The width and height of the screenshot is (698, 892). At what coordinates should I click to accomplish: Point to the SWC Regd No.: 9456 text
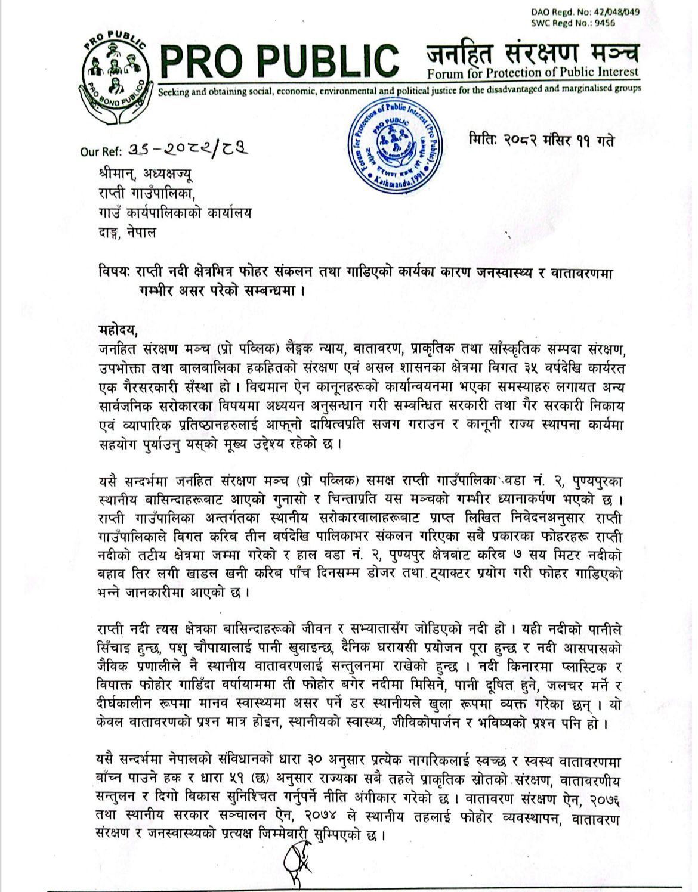[573, 23]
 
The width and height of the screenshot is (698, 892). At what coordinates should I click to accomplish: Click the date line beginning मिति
[542, 141]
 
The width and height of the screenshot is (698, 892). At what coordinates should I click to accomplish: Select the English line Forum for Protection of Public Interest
[532, 73]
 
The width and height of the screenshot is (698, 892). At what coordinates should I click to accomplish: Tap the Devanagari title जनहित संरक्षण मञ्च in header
[532, 52]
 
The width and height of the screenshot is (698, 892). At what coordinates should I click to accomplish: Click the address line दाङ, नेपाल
[128, 233]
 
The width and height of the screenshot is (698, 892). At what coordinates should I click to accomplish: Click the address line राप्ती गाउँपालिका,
[147, 194]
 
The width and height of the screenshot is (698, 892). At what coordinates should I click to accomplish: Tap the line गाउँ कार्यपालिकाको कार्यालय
[175, 213]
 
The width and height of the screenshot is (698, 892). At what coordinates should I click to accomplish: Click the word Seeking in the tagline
[173, 92]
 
